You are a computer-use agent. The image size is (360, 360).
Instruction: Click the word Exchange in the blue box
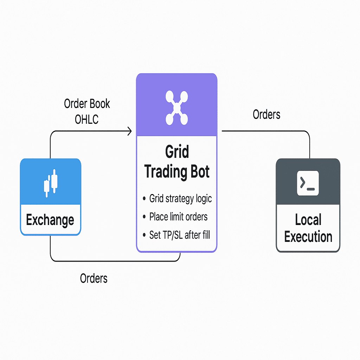click(50, 220)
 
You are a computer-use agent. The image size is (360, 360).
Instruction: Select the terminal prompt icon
click(308, 183)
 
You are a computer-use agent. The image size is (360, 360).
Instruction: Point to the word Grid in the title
click(177, 152)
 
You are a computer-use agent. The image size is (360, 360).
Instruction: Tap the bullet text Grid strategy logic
click(180, 199)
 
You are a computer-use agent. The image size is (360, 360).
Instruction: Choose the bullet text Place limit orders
click(178, 217)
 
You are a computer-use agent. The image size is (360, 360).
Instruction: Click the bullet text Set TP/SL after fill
click(180, 235)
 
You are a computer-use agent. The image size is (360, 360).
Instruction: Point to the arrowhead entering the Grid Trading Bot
click(129, 131)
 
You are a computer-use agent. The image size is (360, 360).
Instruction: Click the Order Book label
click(87, 104)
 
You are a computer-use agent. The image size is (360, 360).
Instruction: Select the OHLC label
click(86, 120)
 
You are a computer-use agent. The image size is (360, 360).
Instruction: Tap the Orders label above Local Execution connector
click(266, 115)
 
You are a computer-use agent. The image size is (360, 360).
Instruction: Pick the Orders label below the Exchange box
click(94, 278)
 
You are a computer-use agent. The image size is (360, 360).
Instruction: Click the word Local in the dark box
click(308, 220)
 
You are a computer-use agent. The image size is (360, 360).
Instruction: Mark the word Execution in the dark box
click(308, 237)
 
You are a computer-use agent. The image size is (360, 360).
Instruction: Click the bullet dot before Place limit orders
click(144, 217)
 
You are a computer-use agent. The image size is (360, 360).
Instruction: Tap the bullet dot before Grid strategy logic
click(144, 199)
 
